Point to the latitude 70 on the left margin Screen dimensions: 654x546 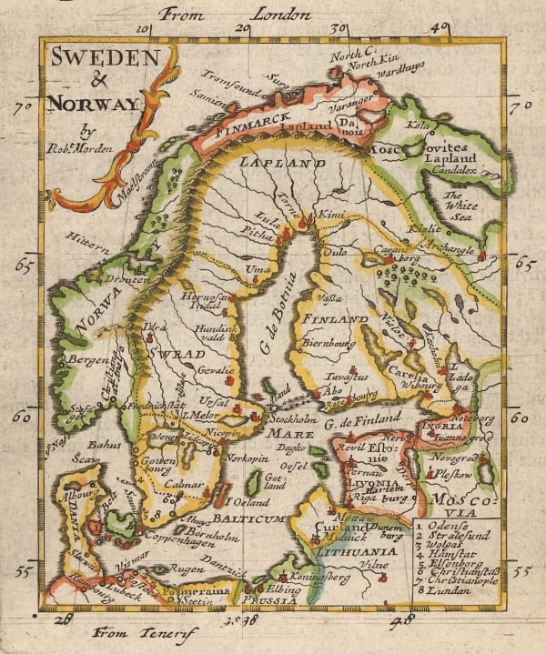(x=24, y=106)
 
